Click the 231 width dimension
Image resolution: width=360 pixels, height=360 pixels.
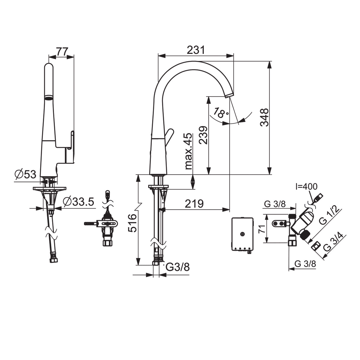pyautogui.click(x=196, y=50)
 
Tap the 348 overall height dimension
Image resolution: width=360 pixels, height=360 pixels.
pyautogui.click(x=265, y=118)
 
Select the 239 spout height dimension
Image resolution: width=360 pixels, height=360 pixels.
pyautogui.click(x=203, y=135)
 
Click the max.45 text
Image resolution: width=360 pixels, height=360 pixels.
pyautogui.click(x=188, y=151)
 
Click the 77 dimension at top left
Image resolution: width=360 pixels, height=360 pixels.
pyautogui.click(x=62, y=52)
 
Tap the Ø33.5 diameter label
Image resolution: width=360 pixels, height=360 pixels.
pyautogui.click(x=79, y=202)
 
